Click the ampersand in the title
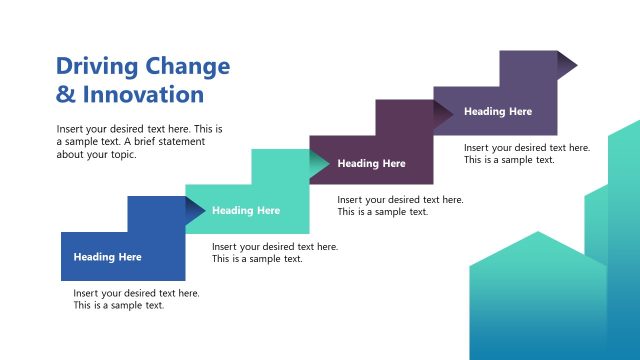tap(65, 95)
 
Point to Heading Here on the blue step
tap(107, 257)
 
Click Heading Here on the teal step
tap(246, 211)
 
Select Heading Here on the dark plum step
tap(371, 163)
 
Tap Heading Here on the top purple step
tap(498, 112)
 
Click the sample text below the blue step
tap(136, 299)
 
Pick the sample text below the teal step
tap(274, 253)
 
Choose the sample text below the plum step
tap(400, 205)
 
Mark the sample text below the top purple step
tap(526, 153)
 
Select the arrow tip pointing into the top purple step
tap(443, 115)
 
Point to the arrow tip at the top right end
tap(567, 64)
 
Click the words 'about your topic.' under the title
tap(96, 154)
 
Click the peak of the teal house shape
tap(538, 233)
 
